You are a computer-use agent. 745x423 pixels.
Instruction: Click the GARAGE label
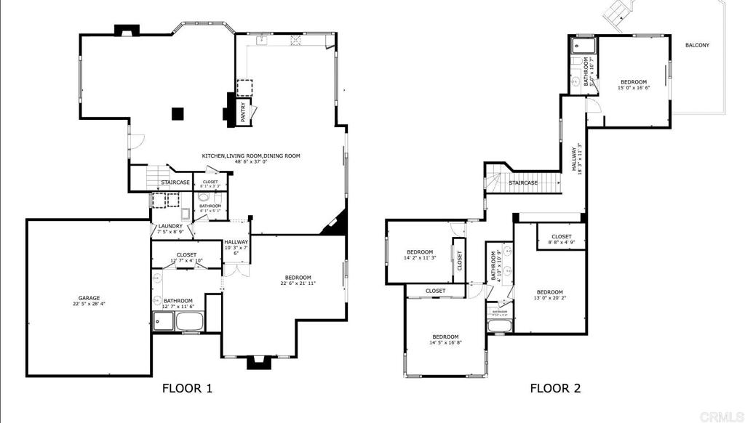coord(89,298)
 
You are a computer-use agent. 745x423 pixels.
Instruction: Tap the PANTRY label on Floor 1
coord(243,112)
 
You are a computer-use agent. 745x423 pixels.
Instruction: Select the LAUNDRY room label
coord(170,226)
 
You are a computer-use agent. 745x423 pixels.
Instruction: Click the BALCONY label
coord(697,45)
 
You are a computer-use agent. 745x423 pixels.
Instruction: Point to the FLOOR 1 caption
coord(187,388)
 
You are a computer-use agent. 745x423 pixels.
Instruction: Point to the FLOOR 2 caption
coord(555,388)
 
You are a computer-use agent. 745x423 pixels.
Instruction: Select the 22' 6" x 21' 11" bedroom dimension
coord(298,284)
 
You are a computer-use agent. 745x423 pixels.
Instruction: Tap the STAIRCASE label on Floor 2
coord(523,182)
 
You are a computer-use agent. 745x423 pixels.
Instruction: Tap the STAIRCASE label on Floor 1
coord(175,182)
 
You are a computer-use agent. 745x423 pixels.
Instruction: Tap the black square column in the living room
coord(177,113)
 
